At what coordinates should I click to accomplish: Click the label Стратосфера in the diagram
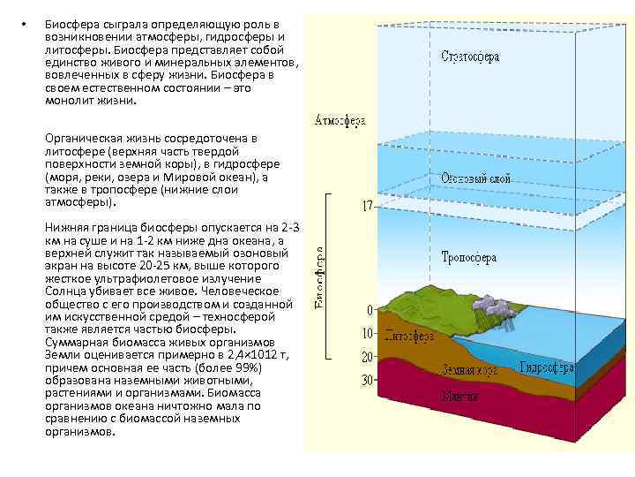470,57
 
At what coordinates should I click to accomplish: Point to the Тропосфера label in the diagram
469,258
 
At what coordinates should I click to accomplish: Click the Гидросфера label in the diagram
547,367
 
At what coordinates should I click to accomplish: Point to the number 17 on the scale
368,206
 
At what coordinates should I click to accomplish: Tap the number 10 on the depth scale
367,335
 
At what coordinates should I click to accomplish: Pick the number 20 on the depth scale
367,357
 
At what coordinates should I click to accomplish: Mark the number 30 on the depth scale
367,379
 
